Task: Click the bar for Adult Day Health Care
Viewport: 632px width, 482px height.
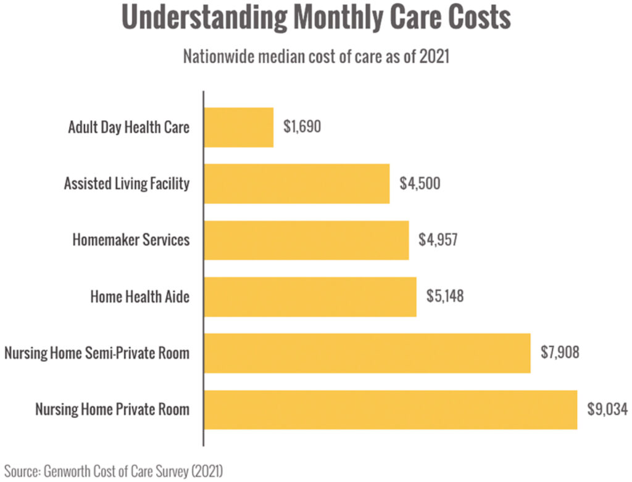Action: [238, 128]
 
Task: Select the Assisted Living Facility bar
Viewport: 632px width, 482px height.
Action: [296, 184]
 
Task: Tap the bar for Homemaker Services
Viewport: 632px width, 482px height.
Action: [306, 240]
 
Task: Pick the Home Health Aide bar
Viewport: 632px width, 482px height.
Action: [310, 296]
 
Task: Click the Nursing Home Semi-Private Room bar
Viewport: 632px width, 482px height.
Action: [367, 353]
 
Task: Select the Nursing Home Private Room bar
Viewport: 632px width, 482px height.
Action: [390, 410]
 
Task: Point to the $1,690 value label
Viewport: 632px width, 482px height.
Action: [302, 128]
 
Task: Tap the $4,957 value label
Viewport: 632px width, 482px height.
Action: [439, 240]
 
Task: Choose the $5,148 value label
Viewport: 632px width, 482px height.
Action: [445, 296]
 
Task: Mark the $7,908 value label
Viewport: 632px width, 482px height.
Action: [560, 353]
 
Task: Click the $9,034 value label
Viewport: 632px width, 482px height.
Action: [607, 410]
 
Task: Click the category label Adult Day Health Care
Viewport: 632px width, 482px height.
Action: [128, 128]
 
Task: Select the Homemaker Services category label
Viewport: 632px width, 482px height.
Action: [131, 240]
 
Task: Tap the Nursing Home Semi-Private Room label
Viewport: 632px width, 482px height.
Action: [96, 353]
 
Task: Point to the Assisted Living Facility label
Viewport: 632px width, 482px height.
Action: [127, 184]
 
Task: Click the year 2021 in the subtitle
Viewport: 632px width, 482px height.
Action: [434, 57]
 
